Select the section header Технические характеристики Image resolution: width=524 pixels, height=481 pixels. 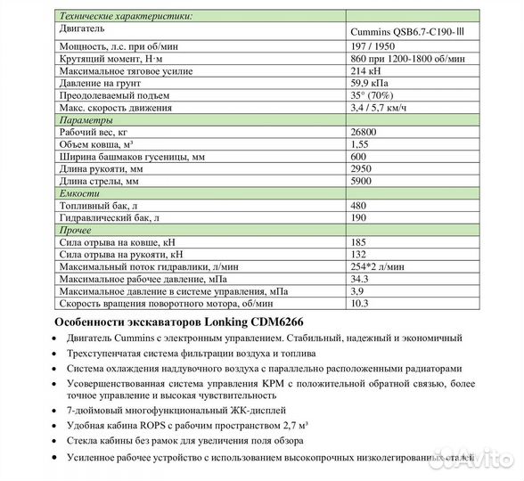(124, 17)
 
